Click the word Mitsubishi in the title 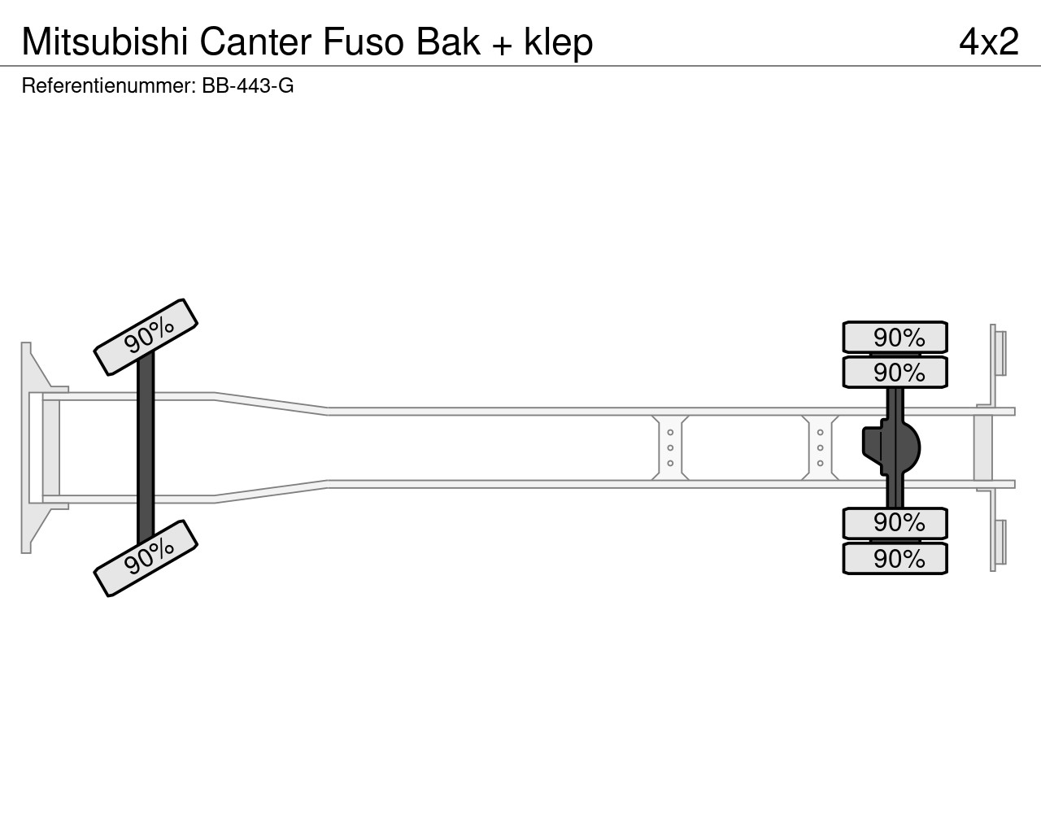click(x=105, y=41)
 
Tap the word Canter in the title click(x=256, y=41)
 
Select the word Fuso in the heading click(x=364, y=41)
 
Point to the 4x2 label click(x=989, y=41)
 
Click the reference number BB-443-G click(x=248, y=85)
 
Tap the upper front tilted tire click(x=146, y=337)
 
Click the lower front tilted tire click(x=146, y=558)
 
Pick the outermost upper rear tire click(x=895, y=337)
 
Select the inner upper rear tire click(x=895, y=373)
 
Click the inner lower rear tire click(x=895, y=523)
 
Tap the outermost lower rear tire click(x=895, y=558)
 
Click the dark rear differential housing click(x=893, y=447)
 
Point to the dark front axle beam click(x=146, y=447)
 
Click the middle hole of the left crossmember click(x=670, y=447)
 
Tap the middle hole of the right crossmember click(x=821, y=447)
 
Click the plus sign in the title click(x=502, y=45)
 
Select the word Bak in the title click(x=448, y=41)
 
